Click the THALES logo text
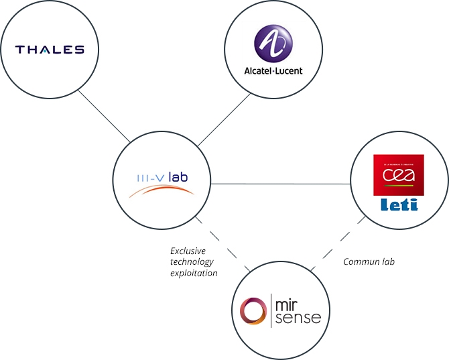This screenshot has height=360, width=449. (x=50, y=50)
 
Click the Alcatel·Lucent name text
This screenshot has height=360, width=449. (x=273, y=71)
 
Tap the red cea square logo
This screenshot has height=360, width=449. (x=399, y=175)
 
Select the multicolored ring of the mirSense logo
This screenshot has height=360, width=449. (x=253, y=311)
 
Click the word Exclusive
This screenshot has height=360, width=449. (x=188, y=251)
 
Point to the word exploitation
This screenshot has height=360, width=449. (x=193, y=274)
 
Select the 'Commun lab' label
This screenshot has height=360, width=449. (x=369, y=262)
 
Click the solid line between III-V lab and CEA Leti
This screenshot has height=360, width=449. (x=281, y=183)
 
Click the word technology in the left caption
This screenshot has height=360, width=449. (x=191, y=262)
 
